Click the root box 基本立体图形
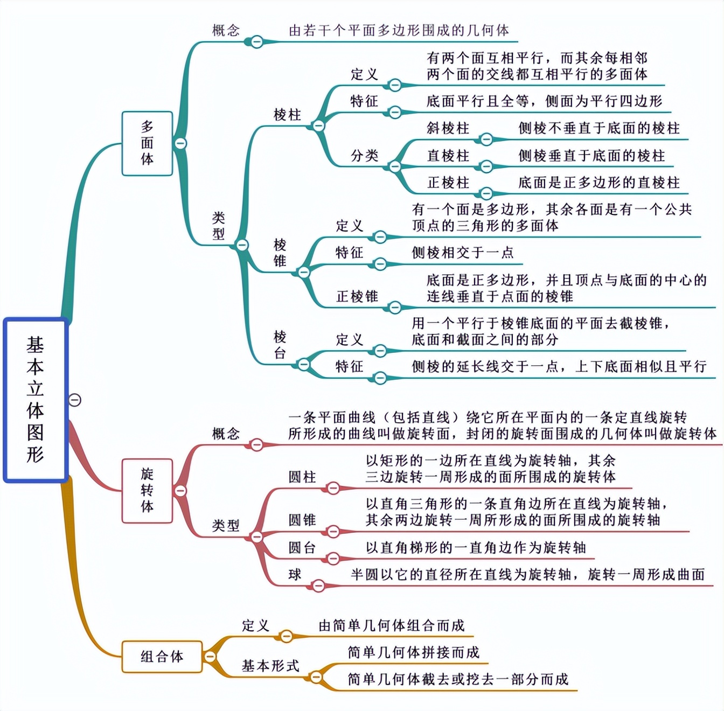click(x=36, y=400)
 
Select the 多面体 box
click(x=147, y=143)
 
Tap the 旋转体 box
click(x=147, y=490)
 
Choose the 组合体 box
click(x=162, y=657)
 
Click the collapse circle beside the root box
click(x=75, y=400)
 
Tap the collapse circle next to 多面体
click(x=180, y=143)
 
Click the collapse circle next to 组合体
click(x=210, y=657)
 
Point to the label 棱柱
click(x=287, y=115)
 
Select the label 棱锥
click(x=280, y=253)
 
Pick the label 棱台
click(x=280, y=345)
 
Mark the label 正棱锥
click(x=357, y=296)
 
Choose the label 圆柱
click(x=302, y=477)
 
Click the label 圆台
click(x=302, y=548)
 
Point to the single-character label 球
click(x=295, y=575)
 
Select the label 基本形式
click(x=270, y=666)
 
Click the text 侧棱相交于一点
click(x=463, y=253)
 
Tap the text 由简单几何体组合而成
click(x=392, y=625)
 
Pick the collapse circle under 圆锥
click(x=333, y=532)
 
